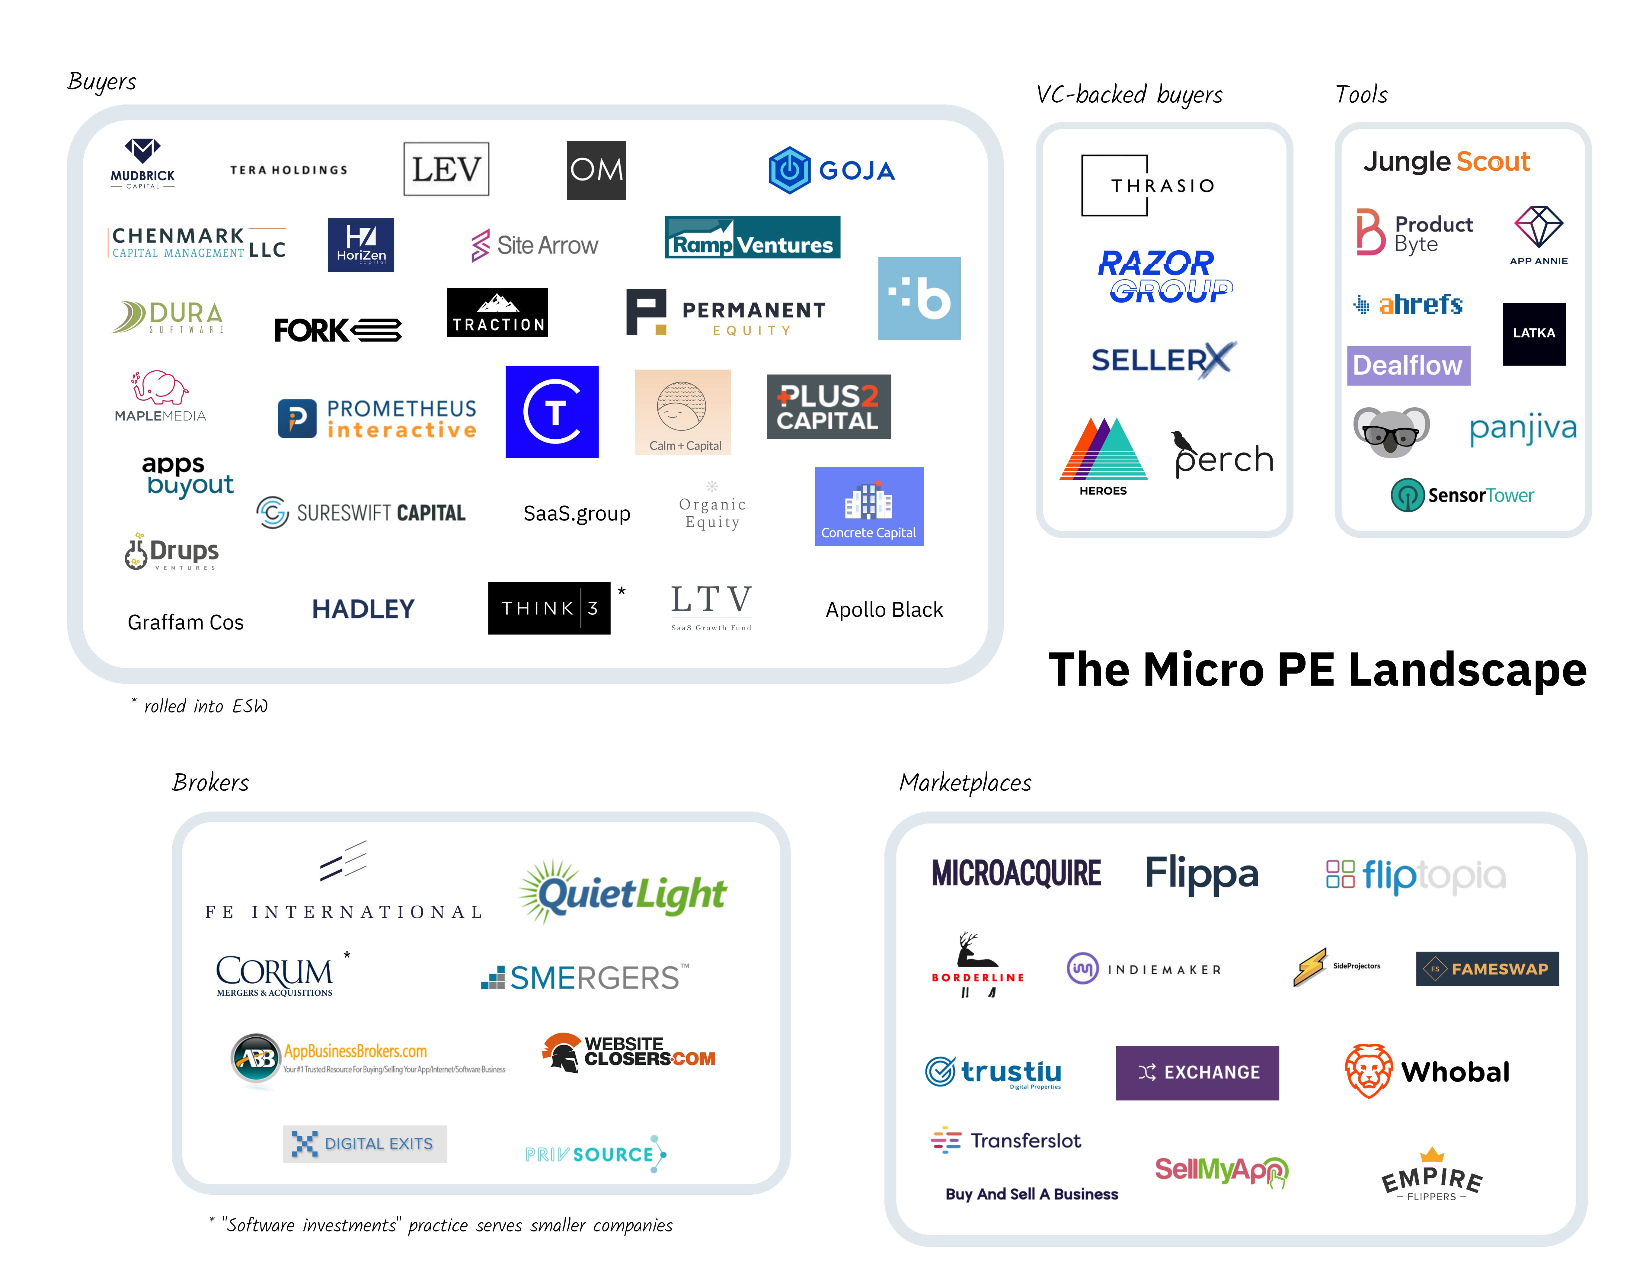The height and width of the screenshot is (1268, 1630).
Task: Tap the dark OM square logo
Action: click(596, 170)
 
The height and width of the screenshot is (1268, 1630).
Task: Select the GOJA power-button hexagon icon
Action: click(789, 170)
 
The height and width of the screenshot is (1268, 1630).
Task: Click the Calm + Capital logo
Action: click(682, 412)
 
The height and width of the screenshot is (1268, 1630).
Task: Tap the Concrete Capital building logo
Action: click(869, 506)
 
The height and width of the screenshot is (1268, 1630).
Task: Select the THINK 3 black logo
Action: click(548, 608)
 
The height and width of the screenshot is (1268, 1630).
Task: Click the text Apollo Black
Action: click(884, 610)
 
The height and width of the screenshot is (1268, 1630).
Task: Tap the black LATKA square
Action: click(1534, 334)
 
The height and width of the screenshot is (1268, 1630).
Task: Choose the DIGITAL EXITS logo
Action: click(365, 1143)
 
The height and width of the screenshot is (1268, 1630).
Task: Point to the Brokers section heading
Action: click(210, 782)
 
